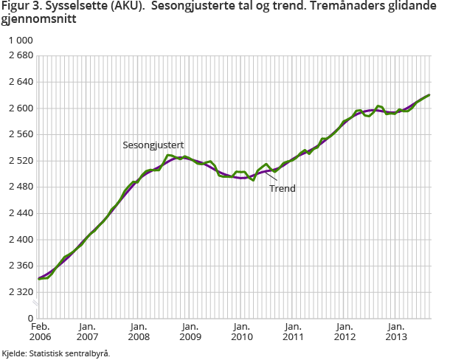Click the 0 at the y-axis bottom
click(x=30, y=318)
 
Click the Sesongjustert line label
click(x=153, y=145)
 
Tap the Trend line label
click(x=282, y=189)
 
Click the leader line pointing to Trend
click(x=271, y=176)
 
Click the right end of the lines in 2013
click(x=429, y=94)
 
